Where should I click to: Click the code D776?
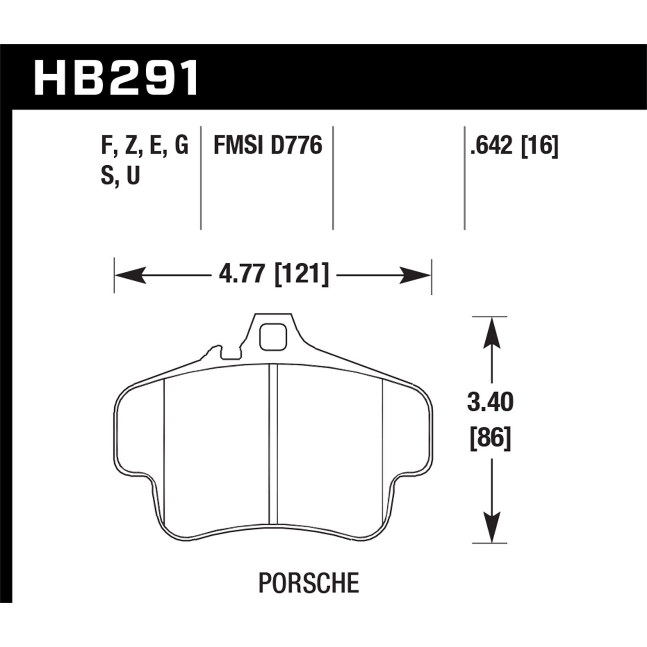point(297,145)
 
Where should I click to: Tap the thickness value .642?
point(493,145)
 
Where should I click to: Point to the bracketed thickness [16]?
point(540,145)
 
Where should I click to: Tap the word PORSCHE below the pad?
point(308,583)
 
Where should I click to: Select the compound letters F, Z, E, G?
point(144,145)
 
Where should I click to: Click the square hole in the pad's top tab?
point(273,336)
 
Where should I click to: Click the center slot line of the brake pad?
point(273,444)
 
